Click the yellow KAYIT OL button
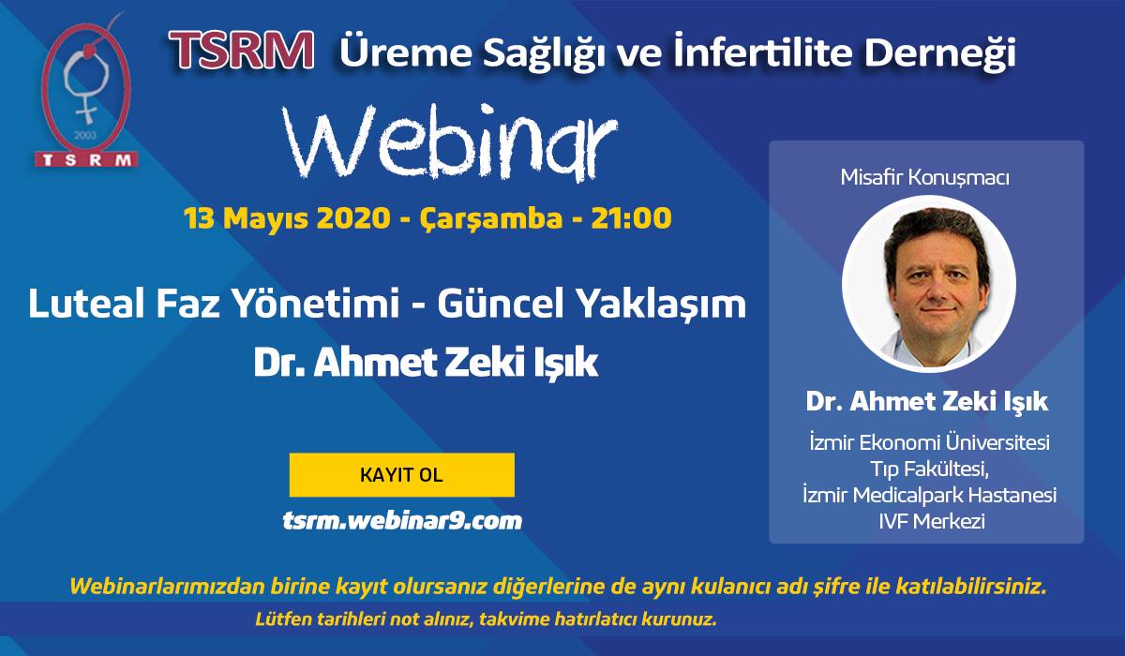point(402,475)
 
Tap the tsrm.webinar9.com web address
point(402,520)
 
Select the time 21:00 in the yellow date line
point(631,218)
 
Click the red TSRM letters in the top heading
point(242,50)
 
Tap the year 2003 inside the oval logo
point(85,136)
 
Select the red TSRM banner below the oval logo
point(86,159)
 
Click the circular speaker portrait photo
point(929,284)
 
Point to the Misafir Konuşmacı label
point(925,178)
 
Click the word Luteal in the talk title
point(86,303)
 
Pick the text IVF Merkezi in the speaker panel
point(932,521)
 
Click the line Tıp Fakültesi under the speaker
point(930,470)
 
